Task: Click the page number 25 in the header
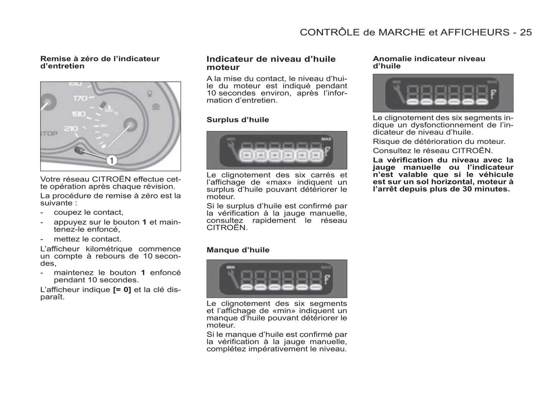526,32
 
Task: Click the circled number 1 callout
111,159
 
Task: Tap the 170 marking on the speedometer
80,98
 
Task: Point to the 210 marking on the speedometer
71,129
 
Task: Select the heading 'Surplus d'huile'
238,120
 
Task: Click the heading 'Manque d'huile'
238,250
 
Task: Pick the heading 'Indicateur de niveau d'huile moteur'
271,63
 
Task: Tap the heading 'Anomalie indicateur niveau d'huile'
429,62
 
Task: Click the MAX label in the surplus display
326,139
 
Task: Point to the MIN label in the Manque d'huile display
230,267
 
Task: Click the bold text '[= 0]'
122,290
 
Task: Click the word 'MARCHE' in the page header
401,32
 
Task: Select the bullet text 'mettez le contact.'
87,239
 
